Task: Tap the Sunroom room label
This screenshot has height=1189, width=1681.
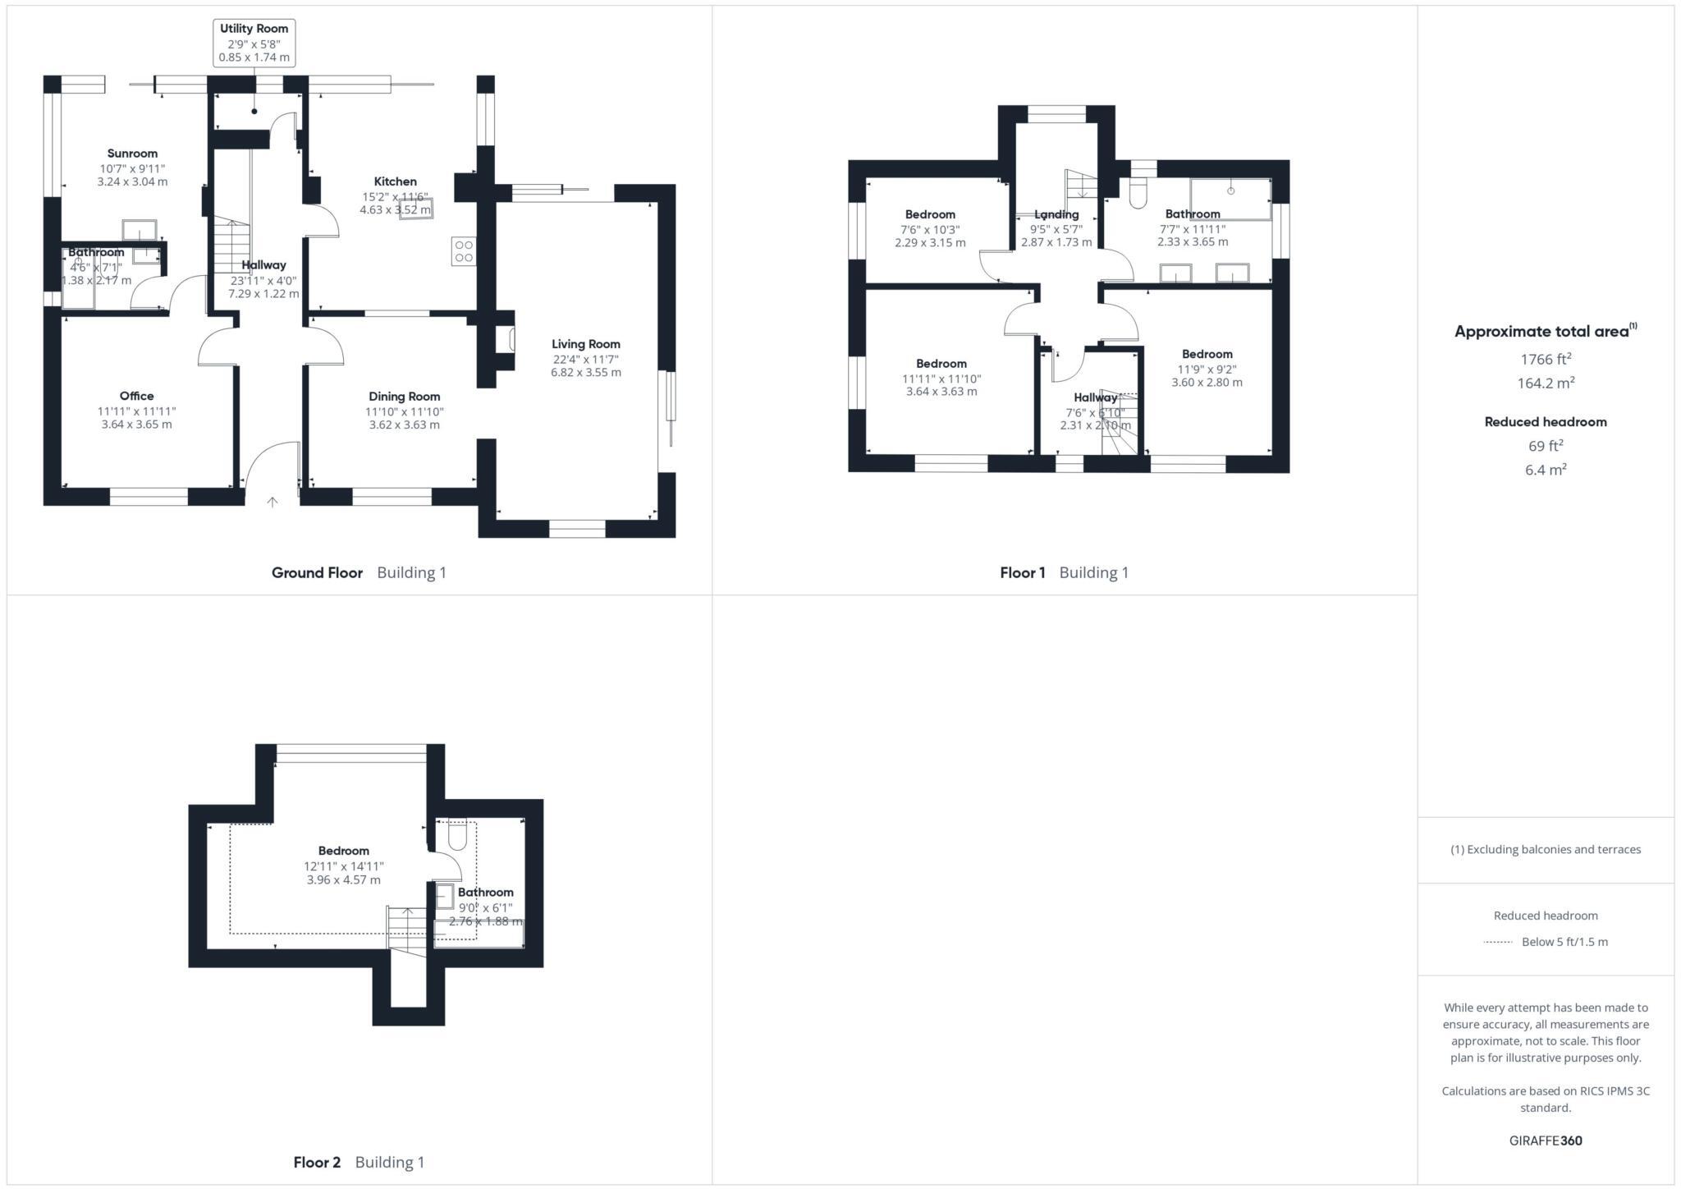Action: coord(132,154)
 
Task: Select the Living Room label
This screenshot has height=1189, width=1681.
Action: coord(585,344)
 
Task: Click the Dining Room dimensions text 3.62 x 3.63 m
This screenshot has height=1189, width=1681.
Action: coord(404,425)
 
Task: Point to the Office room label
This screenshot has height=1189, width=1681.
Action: coord(136,396)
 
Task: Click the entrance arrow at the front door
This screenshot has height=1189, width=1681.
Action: coord(273,502)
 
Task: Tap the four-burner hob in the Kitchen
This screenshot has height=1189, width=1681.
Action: coord(463,251)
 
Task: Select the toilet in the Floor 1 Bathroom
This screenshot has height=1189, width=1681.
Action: coord(1138,194)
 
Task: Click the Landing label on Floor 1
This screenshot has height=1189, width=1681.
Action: coord(1056,214)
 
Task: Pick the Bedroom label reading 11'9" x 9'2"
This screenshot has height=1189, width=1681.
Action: coord(1207,354)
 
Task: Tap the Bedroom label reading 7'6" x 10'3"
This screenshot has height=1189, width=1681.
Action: coord(930,214)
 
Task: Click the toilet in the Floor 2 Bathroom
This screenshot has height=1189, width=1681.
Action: coord(457,837)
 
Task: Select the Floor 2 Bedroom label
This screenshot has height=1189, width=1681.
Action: coord(343,851)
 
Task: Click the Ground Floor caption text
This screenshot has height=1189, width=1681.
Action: coord(317,572)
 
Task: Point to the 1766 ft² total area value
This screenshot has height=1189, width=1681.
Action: coord(1546,359)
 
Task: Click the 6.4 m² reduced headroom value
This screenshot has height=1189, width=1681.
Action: coord(1546,470)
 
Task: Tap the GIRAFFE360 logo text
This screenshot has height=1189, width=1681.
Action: coord(1546,1141)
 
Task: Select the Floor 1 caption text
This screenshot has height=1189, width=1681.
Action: coord(1022,572)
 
